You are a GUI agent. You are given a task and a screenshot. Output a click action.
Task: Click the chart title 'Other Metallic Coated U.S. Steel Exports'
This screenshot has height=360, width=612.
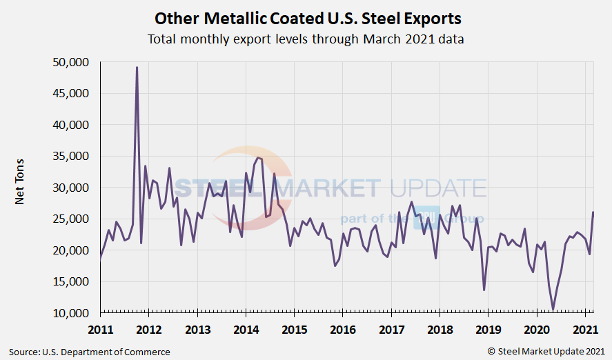306,17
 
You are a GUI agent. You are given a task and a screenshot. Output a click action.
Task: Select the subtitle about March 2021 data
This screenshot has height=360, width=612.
306,39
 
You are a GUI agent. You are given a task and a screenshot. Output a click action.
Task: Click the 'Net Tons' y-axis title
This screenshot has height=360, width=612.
20,188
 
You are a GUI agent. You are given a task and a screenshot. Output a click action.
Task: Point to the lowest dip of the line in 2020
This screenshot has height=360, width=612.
553,310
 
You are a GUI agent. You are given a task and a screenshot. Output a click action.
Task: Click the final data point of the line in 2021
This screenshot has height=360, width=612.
593,212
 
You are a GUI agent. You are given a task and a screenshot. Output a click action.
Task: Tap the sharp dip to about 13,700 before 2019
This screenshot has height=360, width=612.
484,290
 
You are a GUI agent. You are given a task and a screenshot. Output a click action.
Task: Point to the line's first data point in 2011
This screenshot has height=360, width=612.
101,258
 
